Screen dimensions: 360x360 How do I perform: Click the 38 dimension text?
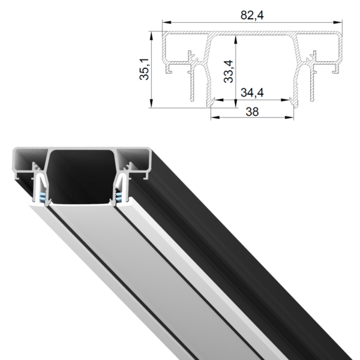tap(253, 112)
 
